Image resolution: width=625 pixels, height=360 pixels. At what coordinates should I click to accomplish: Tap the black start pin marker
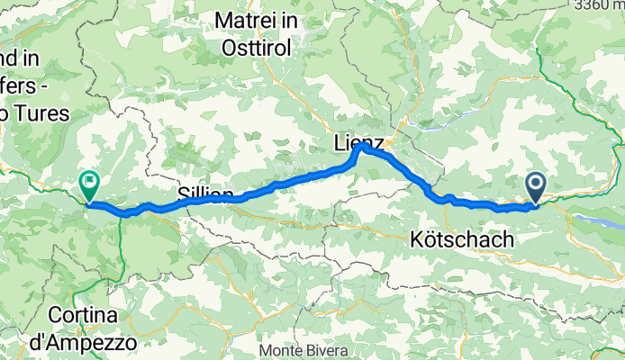click(x=535, y=187)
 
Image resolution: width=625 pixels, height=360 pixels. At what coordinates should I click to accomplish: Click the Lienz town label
click(x=358, y=143)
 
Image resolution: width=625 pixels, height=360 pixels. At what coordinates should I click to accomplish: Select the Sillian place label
click(x=205, y=195)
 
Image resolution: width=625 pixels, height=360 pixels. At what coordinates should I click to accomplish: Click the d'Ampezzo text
click(x=94, y=343)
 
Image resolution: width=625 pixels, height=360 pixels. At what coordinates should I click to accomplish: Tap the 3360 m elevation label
click(x=601, y=4)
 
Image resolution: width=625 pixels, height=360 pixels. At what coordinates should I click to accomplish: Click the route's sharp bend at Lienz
click(x=361, y=148)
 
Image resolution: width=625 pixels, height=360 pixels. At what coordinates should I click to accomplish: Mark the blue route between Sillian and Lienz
click(x=288, y=183)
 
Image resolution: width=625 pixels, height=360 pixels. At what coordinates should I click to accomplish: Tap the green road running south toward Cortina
click(x=120, y=252)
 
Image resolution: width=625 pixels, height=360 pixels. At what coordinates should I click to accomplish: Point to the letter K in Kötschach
click(x=416, y=240)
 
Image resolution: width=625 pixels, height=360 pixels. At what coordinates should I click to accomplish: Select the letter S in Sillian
click(x=183, y=195)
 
